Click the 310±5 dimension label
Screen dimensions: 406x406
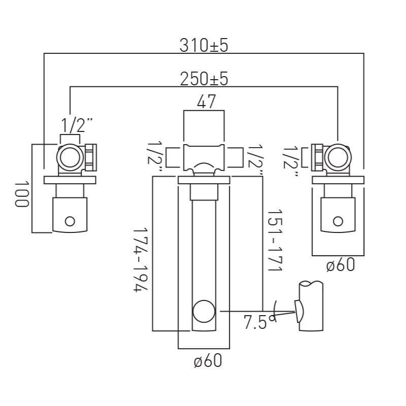(x=204, y=45)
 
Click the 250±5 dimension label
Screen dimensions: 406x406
(x=204, y=79)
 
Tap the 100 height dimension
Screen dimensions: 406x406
(x=21, y=193)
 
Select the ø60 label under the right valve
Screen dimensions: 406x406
(x=340, y=264)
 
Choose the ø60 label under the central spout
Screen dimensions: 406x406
(x=208, y=361)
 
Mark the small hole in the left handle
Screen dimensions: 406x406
(x=70, y=221)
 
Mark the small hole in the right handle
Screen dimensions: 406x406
(x=338, y=220)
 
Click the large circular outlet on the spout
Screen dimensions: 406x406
(x=204, y=311)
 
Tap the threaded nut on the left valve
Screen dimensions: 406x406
(x=91, y=158)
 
